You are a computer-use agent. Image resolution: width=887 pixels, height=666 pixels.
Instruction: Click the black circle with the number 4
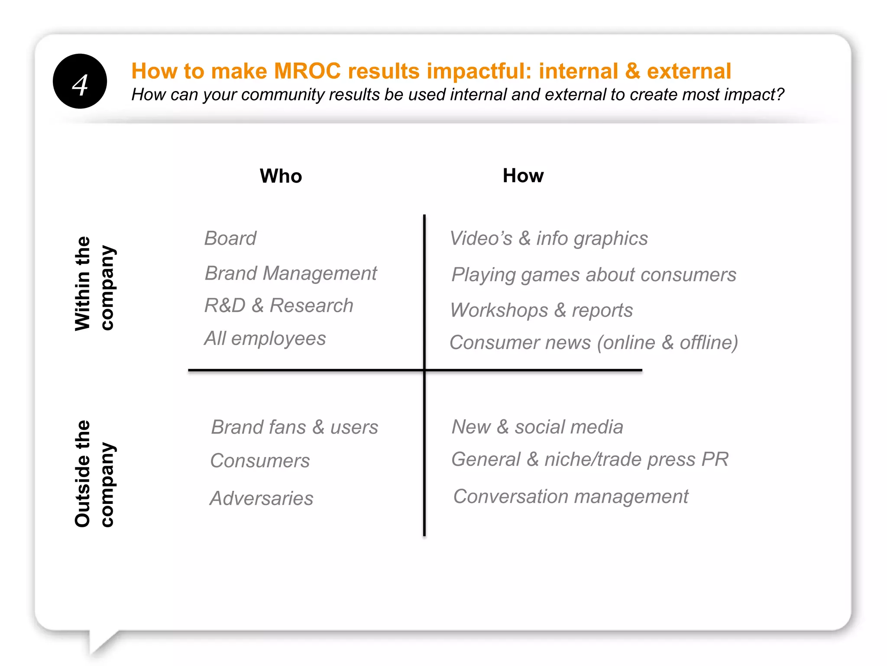pyautogui.click(x=80, y=81)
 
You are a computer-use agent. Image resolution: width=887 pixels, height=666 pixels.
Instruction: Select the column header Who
pyautogui.click(x=281, y=176)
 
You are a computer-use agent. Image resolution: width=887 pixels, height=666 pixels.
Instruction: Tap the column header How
pyautogui.click(x=523, y=176)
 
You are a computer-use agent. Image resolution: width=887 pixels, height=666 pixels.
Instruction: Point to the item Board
pyautogui.click(x=230, y=238)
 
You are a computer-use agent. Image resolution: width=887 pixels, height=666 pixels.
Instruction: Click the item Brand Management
pyautogui.click(x=291, y=273)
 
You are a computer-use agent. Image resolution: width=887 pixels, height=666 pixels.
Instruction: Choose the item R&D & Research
pyautogui.click(x=278, y=305)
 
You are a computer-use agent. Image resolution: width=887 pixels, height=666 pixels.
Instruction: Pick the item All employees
pyautogui.click(x=265, y=338)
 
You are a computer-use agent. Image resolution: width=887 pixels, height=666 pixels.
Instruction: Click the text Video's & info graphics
pyautogui.click(x=549, y=238)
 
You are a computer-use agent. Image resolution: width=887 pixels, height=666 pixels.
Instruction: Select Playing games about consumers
pyautogui.click(x=594, y=275)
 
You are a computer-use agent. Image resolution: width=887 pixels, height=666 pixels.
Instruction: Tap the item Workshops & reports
pyautogui.click(x=541, y=310)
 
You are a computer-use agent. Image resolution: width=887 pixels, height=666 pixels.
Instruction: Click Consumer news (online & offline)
pyautogui.click(x=594, y=343)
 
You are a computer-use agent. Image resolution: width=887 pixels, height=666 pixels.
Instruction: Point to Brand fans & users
pyautogui.click(x=295, y=427)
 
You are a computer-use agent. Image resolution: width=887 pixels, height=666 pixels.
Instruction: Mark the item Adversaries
pyautogui.click(x=261, y=498)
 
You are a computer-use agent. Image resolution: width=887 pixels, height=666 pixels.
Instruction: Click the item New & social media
pyautogui.click(x=537, y=427)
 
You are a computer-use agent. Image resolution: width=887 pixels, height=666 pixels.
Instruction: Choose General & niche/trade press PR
pyautogui.click(x=590, y=460)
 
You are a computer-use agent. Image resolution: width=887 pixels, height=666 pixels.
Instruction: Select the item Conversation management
pyautogui.click(x=570, y=496)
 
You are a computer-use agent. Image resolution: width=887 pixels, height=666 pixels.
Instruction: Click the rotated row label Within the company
pyautogui.click(x=94, y=284)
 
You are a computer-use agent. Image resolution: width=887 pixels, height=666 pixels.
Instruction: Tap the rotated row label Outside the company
pyautogui.click(x=94, y=473)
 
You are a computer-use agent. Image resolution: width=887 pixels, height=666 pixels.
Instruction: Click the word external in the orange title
pyautogui.click(x=689, y=71)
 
